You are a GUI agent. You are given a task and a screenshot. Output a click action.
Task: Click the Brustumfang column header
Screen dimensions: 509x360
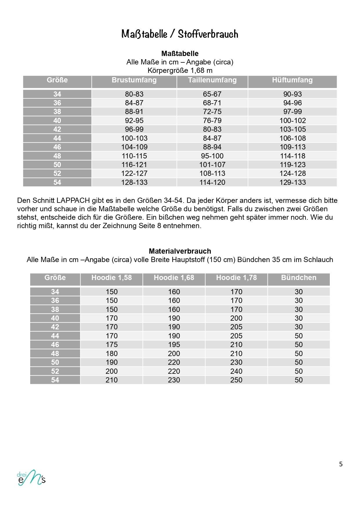[134, 80]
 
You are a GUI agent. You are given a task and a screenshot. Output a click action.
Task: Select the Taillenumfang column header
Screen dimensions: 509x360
[212, 80]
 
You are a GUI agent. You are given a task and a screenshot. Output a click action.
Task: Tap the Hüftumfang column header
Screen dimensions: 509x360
[292, 80]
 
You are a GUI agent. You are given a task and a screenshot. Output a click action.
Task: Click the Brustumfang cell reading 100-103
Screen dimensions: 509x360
[134, 138]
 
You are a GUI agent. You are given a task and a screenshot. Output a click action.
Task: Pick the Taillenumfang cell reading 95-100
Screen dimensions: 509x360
[212, 156]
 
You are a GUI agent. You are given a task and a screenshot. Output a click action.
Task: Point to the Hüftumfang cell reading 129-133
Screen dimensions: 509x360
[292, 182]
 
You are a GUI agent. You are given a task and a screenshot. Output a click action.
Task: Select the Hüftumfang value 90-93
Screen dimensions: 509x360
[292, 94]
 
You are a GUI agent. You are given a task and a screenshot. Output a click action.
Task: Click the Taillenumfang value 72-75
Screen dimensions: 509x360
[212, 111]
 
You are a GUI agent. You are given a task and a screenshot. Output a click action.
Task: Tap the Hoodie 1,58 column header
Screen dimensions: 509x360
[111, 278]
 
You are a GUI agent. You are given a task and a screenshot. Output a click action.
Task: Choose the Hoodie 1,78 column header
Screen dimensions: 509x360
[236, 278]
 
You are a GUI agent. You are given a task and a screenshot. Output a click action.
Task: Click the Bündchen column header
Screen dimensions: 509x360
[299, 278]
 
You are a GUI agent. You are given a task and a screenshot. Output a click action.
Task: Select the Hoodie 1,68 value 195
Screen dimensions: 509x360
[174, 344]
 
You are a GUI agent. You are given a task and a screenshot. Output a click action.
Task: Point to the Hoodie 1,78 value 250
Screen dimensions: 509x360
[236, 380]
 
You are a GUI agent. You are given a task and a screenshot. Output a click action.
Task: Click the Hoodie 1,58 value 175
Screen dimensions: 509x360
[111, 344]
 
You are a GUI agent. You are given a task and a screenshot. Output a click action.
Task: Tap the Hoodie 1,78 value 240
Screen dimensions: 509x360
[236, 371]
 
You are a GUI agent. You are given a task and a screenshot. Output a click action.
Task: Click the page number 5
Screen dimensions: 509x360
[341, 464]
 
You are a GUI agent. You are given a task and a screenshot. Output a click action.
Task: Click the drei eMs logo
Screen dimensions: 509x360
[31, 478]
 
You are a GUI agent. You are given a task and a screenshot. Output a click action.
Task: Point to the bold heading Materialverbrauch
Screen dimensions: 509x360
[180, 251]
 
